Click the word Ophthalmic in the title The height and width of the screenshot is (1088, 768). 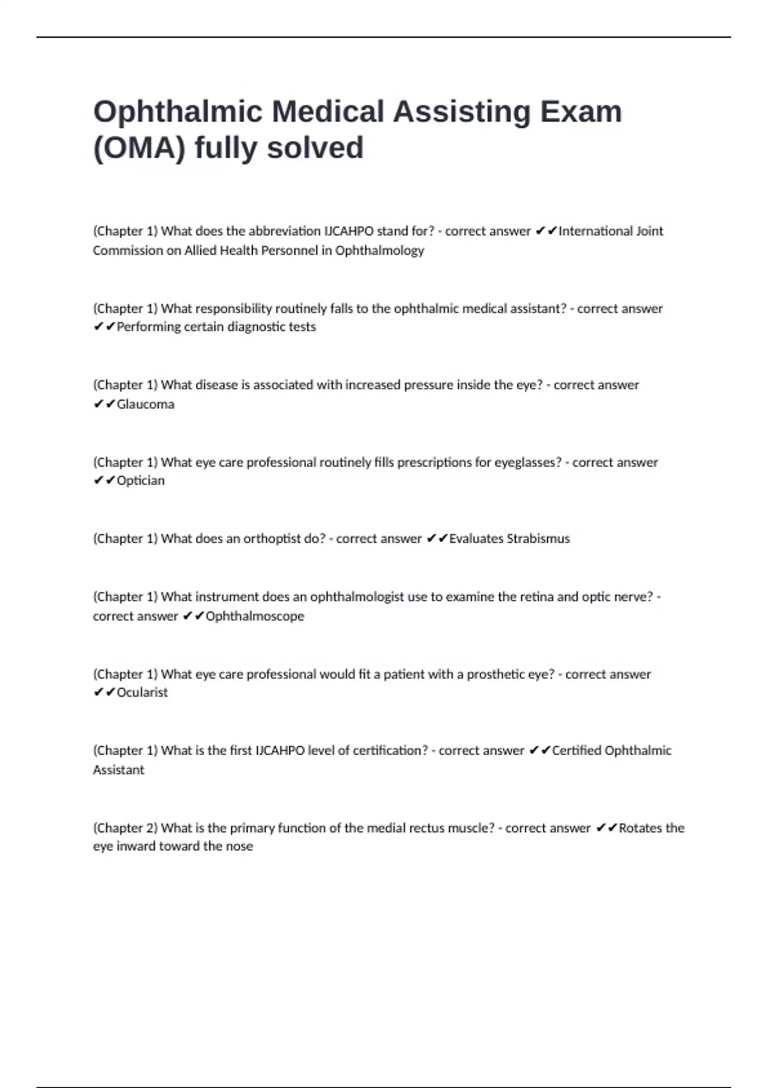click(x=177, y=113)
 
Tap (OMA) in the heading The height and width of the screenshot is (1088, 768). click(x=139, y=148)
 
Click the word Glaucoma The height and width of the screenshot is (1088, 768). click(x=145, y=404)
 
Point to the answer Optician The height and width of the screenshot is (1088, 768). click(x=140, y=481)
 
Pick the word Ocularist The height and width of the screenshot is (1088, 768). click(x=142, y=692)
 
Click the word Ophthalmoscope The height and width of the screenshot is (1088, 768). click(x=255, y=616)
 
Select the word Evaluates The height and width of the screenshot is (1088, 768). click(x=476, y=539)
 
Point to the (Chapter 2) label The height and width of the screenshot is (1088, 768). click(x=125, y=828)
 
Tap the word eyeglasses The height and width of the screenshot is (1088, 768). click(x=527, y=462)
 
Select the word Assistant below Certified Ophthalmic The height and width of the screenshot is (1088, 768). click(x=118, y=770)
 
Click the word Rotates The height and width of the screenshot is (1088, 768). click(x=640, y=828)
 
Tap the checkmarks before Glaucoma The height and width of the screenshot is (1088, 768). click(x=104, y=404)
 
